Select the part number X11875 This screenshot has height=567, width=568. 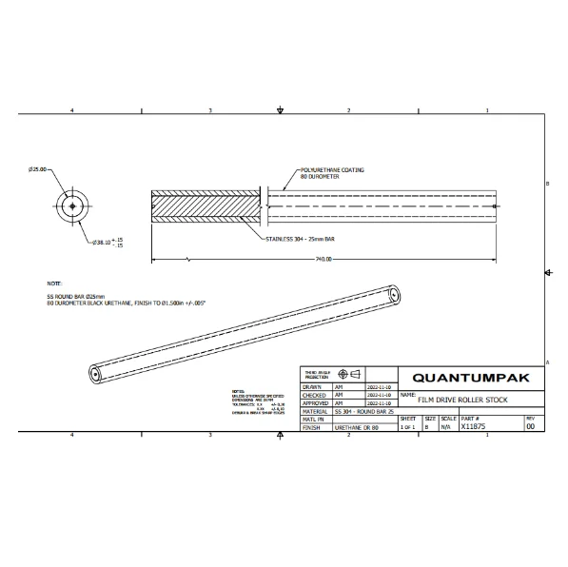pos(474,427)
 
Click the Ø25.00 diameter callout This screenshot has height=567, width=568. pos(38,169)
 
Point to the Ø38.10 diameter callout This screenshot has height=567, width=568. pos(97,243)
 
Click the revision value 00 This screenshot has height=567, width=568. pos(530,427)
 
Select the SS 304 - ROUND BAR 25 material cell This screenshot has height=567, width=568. pos(366,411)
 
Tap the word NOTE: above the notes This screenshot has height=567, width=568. pos(54,283)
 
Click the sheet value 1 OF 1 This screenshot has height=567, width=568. pos(407,428)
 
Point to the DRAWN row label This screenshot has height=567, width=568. pos(312,387)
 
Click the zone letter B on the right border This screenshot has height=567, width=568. pos(548,184)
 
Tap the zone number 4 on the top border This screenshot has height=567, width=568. pos(72,111)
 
